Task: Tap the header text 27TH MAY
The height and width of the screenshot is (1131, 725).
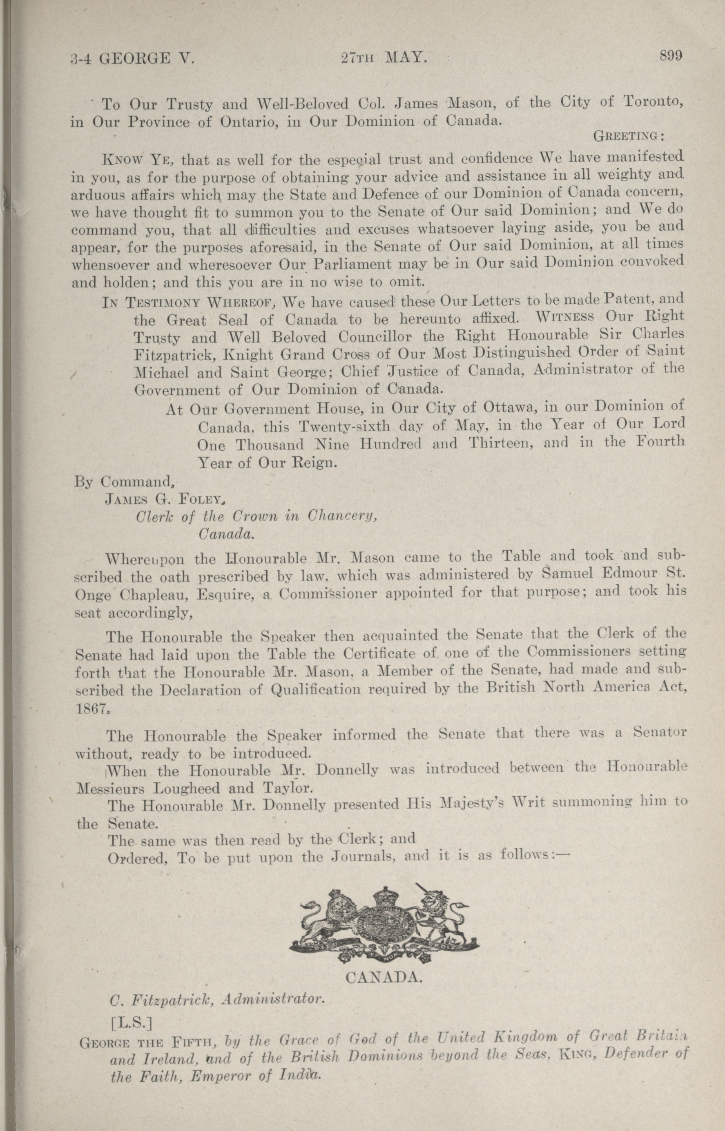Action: point(384,58)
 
